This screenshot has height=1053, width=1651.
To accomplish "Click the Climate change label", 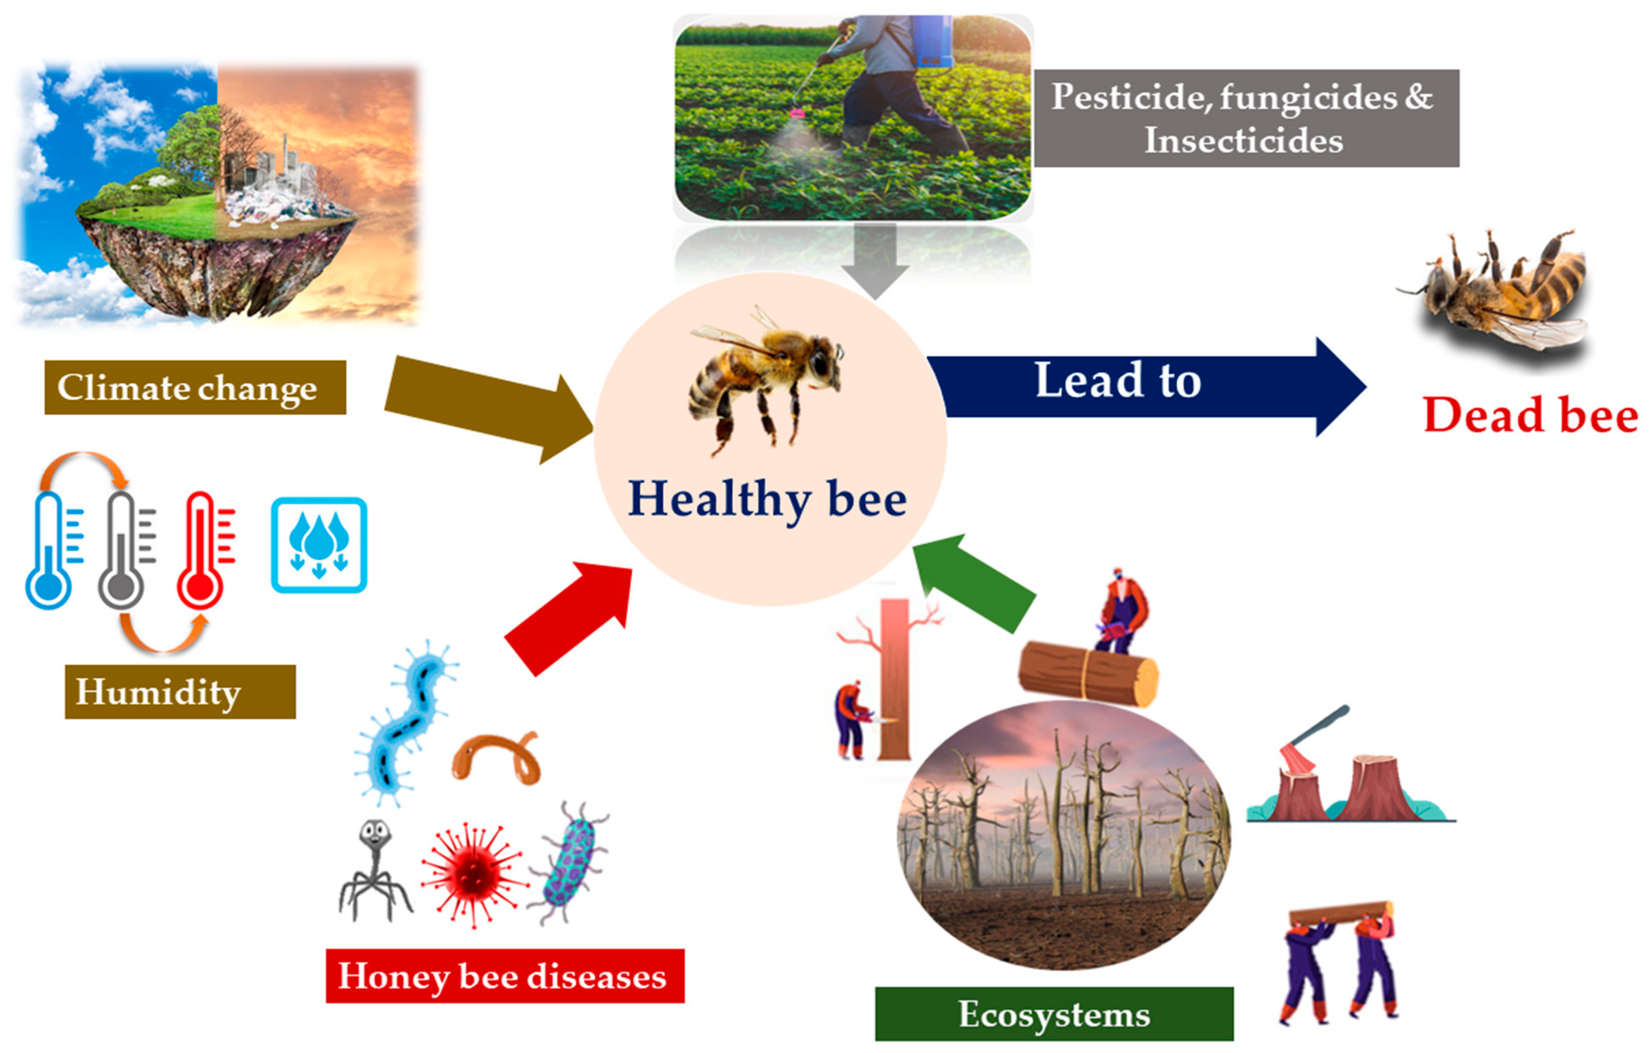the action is point(195,387).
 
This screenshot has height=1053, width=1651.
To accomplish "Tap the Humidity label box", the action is point(180,692).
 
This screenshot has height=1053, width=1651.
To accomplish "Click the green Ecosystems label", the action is point(1054,1014).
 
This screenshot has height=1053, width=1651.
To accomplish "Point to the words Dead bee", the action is point(1530,415).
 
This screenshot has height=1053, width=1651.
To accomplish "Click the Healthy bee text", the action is point(767,499).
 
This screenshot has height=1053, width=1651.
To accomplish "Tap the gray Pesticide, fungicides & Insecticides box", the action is point(1246,118).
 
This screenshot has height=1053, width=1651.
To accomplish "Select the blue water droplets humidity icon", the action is point(319,545).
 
